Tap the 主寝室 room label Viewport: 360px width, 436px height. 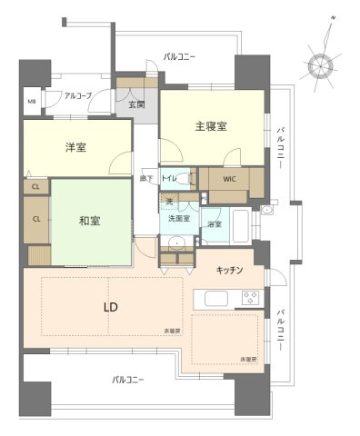click(x=209, y=127)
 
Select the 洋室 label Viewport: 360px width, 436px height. click(x=75, y=147)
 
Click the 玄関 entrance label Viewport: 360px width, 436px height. click(x=136, y=105)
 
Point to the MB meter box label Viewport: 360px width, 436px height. click(x=32, y=102)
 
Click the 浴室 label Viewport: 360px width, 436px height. click(x=214, y=223)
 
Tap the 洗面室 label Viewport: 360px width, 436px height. click(x=177, y=219)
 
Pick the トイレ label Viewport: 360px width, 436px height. click(x=169, y=178)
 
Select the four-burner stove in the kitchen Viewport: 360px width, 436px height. click(x=248, y=299)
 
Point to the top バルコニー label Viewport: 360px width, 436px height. click(x=179, y=57)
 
